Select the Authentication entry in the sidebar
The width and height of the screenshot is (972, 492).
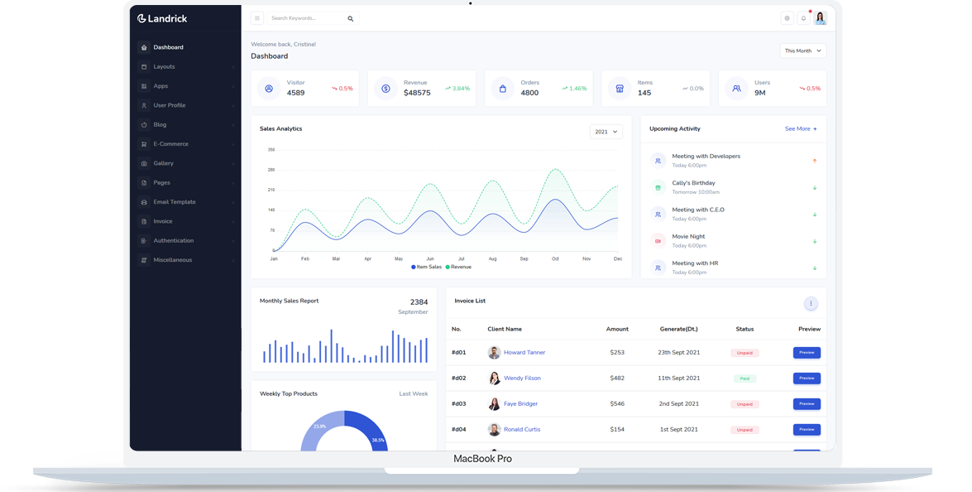coord(173,240)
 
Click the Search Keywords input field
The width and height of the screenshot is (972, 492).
coord(306,18)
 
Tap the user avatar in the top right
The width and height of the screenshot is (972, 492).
coord(820,18)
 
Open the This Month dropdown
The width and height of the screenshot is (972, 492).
coord(802,51)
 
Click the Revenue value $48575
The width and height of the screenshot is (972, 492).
coord(417,93)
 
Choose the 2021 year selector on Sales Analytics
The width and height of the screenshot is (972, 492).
coord(606,132)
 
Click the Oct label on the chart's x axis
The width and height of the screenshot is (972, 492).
coord(555,258)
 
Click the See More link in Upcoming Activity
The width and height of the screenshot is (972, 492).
coord(800,129)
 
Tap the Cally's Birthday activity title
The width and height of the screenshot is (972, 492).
coord(693,183)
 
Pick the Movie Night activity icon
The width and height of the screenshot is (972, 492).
coord(658,241)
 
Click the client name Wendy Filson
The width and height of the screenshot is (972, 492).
coord(522,378)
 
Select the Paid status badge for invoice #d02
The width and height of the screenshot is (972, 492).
coord(745,378)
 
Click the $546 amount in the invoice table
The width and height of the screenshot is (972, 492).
coord(617,403)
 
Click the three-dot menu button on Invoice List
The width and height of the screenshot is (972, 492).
coord(811,304)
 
